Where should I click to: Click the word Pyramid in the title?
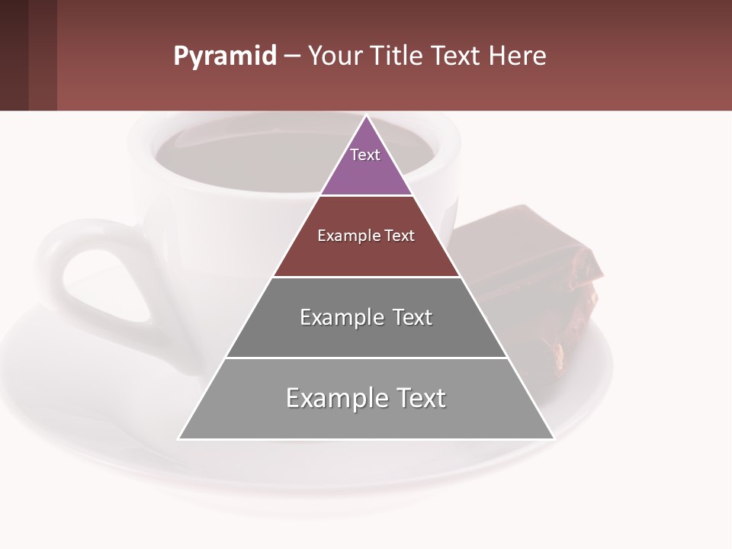(225, 56)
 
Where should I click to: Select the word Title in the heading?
(400, 56)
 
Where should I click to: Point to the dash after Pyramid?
(291, 57)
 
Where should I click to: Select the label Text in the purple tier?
(365, 155)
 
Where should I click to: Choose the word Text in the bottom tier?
(415, 398)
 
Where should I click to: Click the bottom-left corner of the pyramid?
(179, 438)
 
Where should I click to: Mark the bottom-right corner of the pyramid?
(554, 438)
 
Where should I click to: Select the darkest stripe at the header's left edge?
(14, 55)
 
